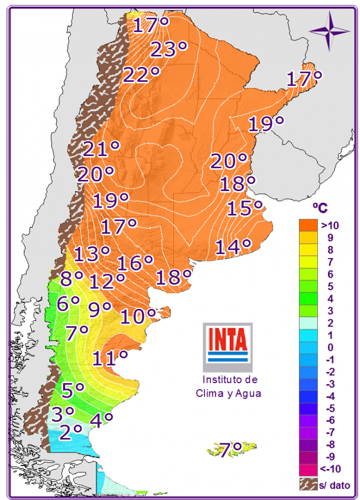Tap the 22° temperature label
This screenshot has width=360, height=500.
pos(141,75)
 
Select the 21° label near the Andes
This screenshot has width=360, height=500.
pos(102,149)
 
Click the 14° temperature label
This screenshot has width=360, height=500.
pos(233,247)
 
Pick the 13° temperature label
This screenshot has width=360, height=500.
pos(92,254)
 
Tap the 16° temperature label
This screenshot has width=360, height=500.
pos(135,262)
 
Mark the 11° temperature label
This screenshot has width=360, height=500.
pos(110,358)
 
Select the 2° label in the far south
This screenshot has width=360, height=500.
pos(70,431)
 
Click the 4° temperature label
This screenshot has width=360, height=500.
pos(101,420)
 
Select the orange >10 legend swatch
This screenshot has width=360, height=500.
pos(308,225)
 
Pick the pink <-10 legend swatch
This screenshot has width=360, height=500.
pos(308,469)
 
